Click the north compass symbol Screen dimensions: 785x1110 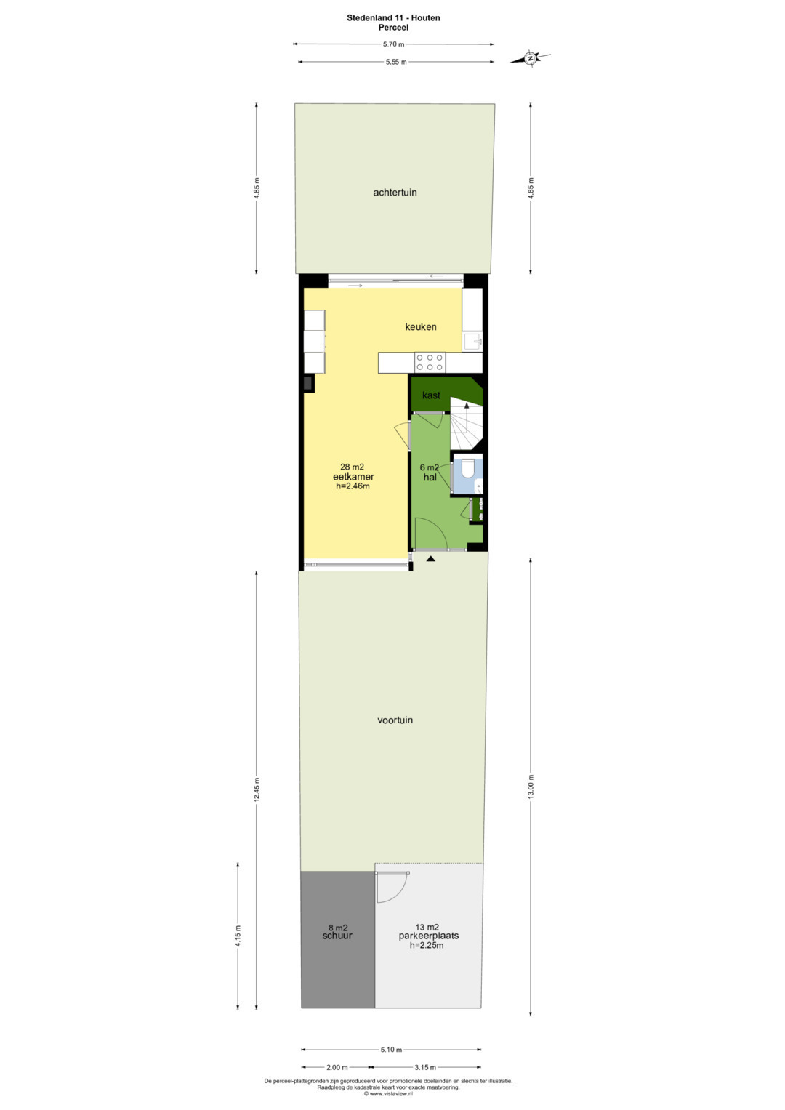click(x=531, y=58)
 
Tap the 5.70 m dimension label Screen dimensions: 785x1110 click(x=393, y=44)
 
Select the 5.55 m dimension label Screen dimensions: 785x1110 click(x=396, y=62)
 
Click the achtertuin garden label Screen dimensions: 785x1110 click(x=395, y=192)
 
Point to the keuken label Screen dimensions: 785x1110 click(x=421, y=326)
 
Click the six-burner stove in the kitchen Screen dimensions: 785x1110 click(x=430, y=362)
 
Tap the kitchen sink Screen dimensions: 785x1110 click(x=472, y=342)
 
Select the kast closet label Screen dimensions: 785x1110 click(x=431, y=395)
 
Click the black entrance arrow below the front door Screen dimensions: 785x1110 click(x=430, y=558)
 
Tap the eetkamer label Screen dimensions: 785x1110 click(x=353, y=477)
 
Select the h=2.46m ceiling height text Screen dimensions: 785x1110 click(x=353, y=486)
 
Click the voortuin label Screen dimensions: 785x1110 click(x=395, y=720)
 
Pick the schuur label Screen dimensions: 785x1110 click(x=337, y=936)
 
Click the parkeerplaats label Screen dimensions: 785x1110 click(x=429, y=936)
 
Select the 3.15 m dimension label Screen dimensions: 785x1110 click(x=425, y=1067)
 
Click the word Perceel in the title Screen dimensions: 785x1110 click(x=393, y=28)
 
